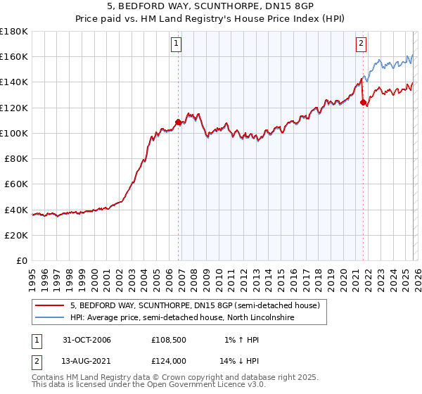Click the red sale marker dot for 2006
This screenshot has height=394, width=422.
point(178,122)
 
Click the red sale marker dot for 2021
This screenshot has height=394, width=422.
point(364,103)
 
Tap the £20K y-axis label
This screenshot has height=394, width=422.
point(16,235)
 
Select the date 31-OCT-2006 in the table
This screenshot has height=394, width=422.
point(87,340)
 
